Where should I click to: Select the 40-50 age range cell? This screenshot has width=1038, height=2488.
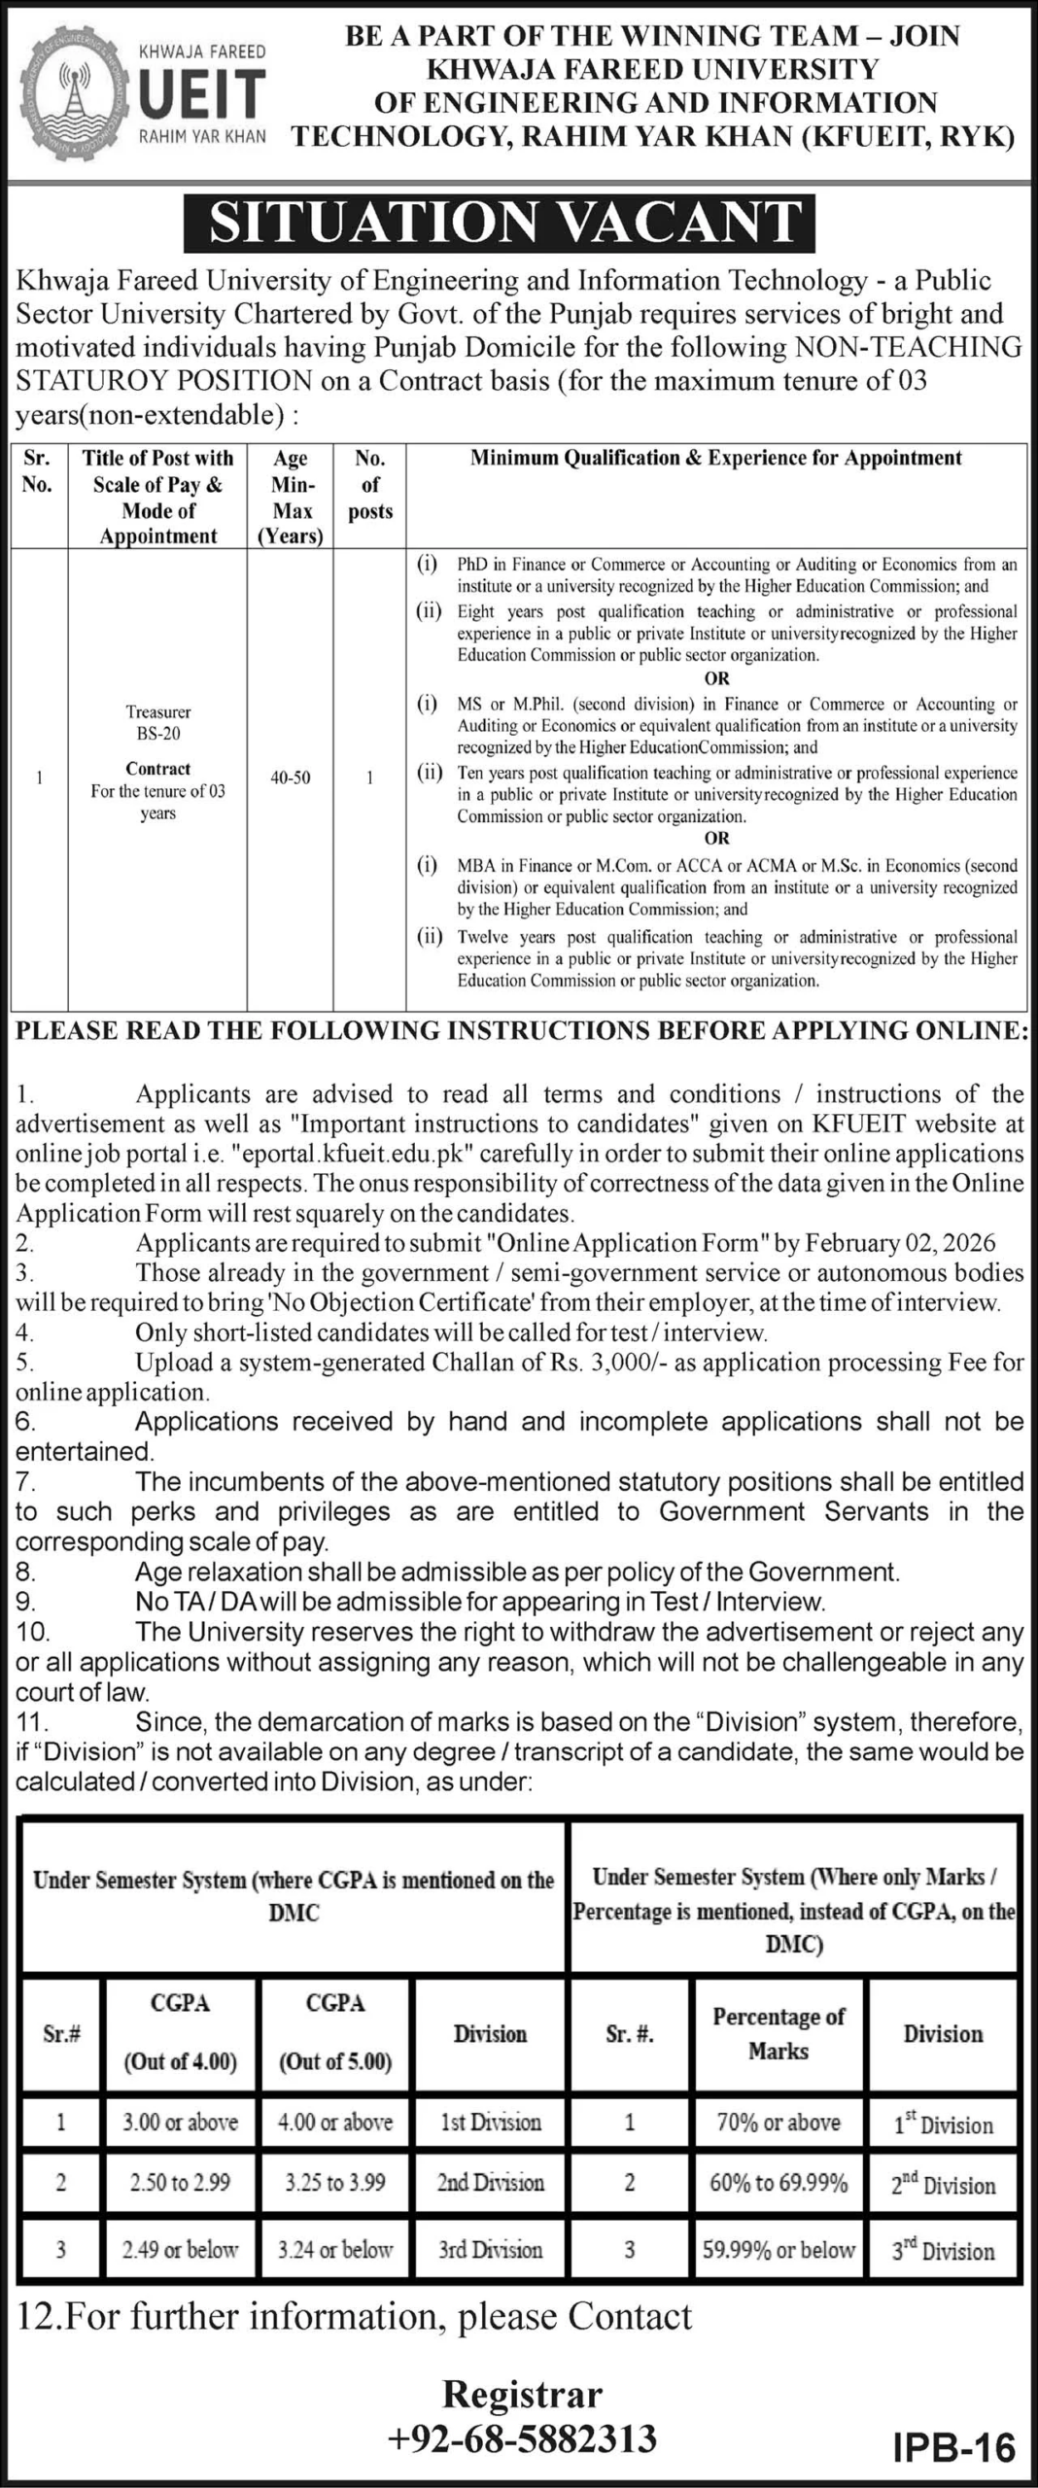pos(291,777)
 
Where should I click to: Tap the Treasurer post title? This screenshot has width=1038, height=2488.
pos(158,712)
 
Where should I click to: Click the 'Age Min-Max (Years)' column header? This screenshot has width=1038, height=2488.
pos(291,497)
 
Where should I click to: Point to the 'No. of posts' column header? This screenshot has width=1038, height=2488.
pos(370,484)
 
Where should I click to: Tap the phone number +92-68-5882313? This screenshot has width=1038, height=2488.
pos(522,2438)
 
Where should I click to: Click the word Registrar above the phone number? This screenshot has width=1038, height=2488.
pos(522,2395)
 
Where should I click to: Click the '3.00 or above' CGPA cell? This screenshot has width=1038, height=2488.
pos(180,2122)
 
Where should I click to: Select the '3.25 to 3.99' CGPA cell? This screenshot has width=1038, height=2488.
pos(335,2182)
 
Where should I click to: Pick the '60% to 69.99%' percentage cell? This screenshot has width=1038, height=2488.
pos(778,2182)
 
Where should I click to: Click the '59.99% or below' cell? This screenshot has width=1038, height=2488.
pos(778,2249)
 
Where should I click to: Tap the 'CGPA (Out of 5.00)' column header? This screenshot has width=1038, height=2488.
pos(335,2032)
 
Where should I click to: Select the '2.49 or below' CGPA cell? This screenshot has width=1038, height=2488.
pos(180,2249)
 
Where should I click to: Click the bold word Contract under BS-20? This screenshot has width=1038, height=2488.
pos(158,769)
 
